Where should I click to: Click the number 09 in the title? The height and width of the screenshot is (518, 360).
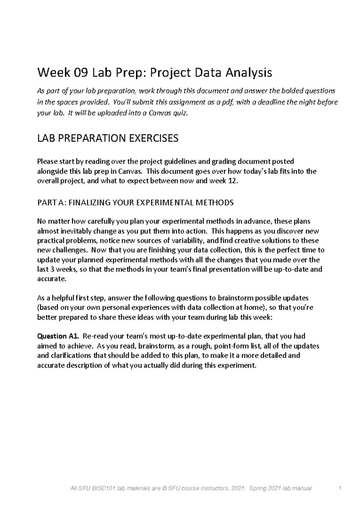80,73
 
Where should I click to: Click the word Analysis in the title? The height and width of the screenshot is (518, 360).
249,73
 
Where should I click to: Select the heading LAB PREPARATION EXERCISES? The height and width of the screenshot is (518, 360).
107,138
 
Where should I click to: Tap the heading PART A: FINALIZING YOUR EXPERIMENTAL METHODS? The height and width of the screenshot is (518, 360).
135,203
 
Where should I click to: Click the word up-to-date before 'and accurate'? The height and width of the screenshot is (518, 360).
290,269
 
